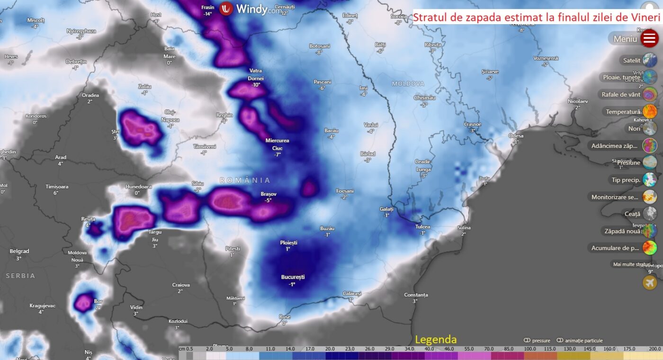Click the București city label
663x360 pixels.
292,277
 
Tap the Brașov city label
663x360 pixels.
269,194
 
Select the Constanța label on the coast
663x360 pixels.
416,295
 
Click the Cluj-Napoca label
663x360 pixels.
170,116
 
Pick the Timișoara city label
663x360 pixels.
57,187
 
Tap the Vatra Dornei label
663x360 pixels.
256,74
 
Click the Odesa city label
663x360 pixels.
516,136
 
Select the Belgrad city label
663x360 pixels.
19,251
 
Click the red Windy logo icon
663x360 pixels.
226,9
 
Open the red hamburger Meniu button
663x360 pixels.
649,38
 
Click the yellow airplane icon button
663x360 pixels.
650,282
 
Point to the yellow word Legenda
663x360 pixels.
436,340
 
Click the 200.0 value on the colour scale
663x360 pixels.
655,349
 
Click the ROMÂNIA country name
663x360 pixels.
245,180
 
